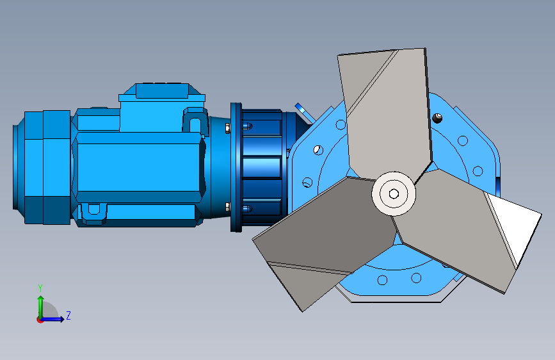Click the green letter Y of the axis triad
click(40, 288)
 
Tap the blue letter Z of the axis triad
click(68, 315)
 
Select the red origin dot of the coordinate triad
click(40, 320)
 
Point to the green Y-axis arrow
click(41, 307)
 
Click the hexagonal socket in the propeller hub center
click(394, 194)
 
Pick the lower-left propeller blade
click(322, 238)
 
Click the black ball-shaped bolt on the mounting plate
click(438, 118)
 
